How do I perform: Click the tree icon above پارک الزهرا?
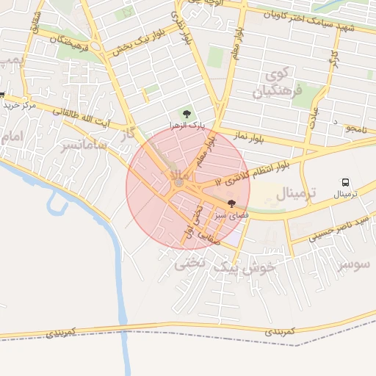[x=186, y=114]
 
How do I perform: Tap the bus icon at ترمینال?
[x=344, y=182]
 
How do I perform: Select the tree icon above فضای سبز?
[x=232, y=204]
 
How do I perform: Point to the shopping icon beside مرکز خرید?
[x=2, y=95]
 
